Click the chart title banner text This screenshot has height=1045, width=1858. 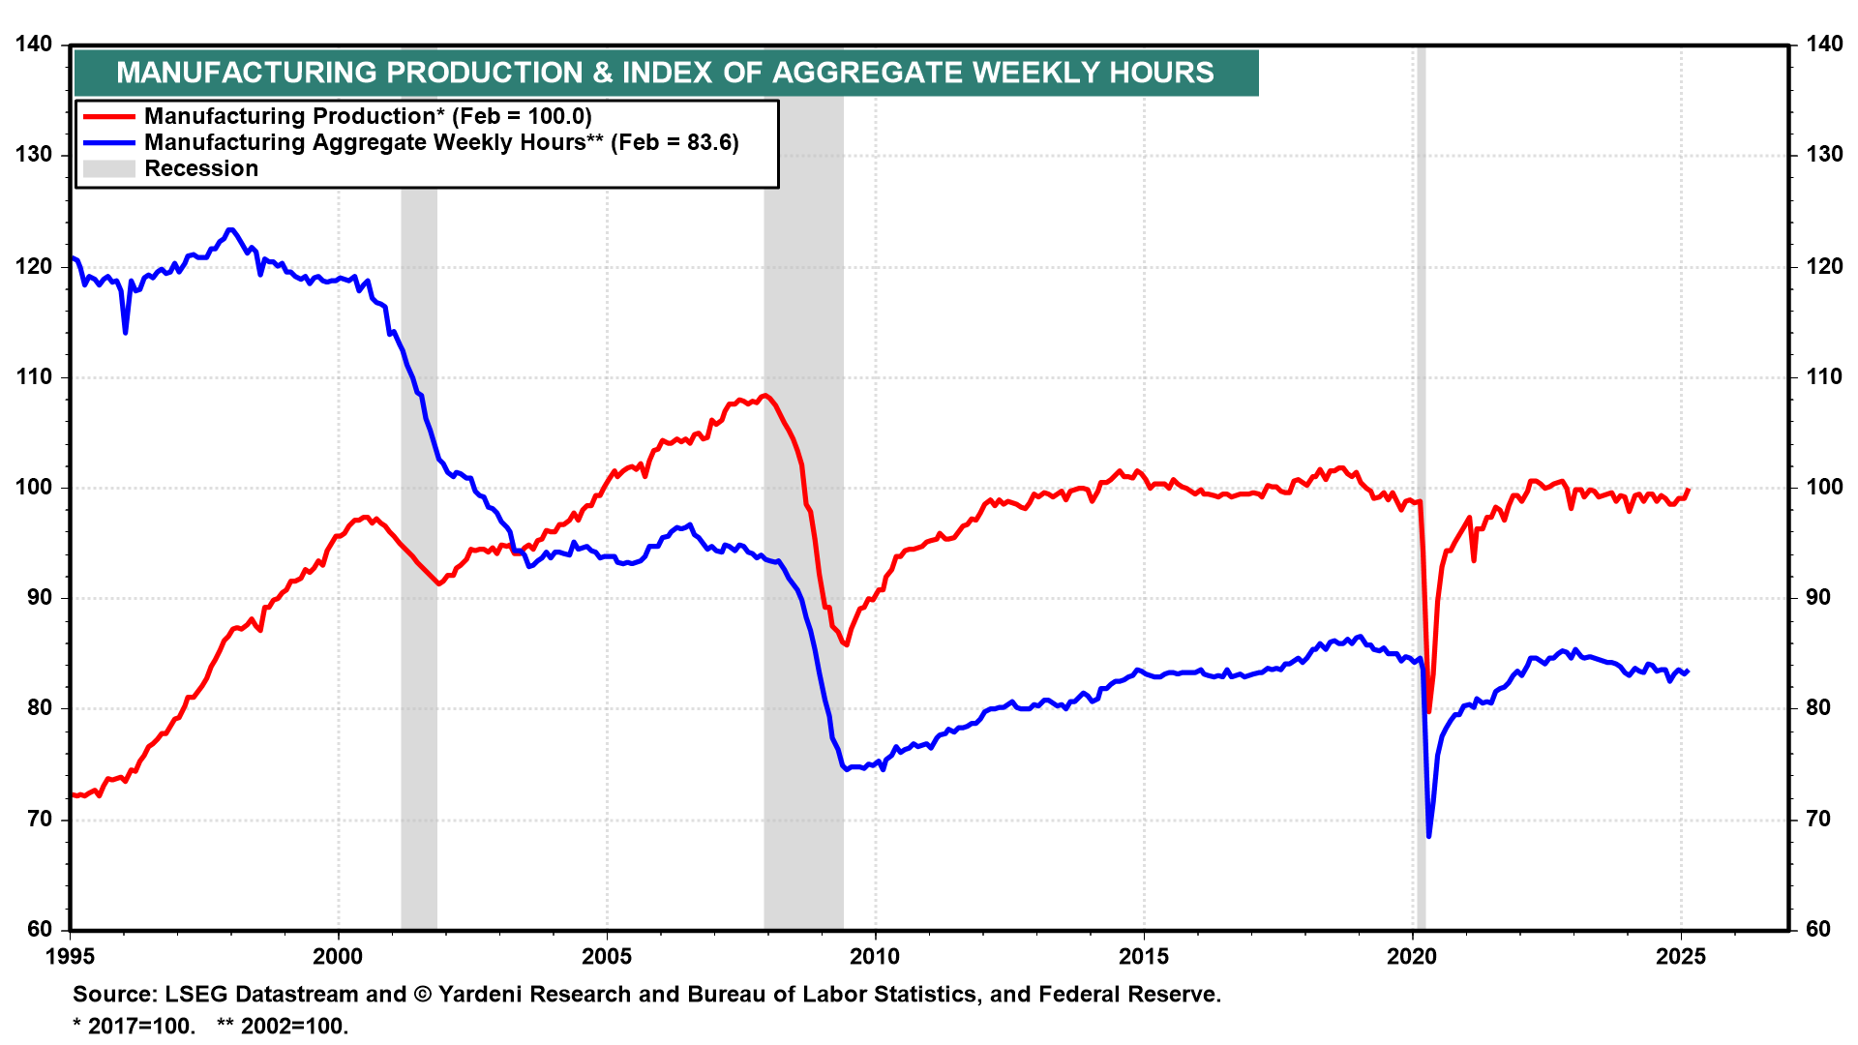665,73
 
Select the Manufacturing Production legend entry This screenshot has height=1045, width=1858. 368,116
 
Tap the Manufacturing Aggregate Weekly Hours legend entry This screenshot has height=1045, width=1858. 441,142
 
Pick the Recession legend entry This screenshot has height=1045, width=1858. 201,168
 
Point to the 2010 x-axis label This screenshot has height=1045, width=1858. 875,957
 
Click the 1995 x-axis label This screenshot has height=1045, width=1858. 70,957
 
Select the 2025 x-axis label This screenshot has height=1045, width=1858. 1681,957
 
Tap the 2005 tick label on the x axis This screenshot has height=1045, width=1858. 607,957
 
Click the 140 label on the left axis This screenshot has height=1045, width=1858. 34,45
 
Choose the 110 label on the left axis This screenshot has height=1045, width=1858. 34,377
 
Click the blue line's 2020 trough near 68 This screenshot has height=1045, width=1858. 1428,835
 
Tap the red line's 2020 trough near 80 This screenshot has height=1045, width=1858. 1428,711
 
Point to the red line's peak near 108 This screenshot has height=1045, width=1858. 764,396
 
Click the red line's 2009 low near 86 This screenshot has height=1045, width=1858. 846,644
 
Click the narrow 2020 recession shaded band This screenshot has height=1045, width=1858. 1420,484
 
